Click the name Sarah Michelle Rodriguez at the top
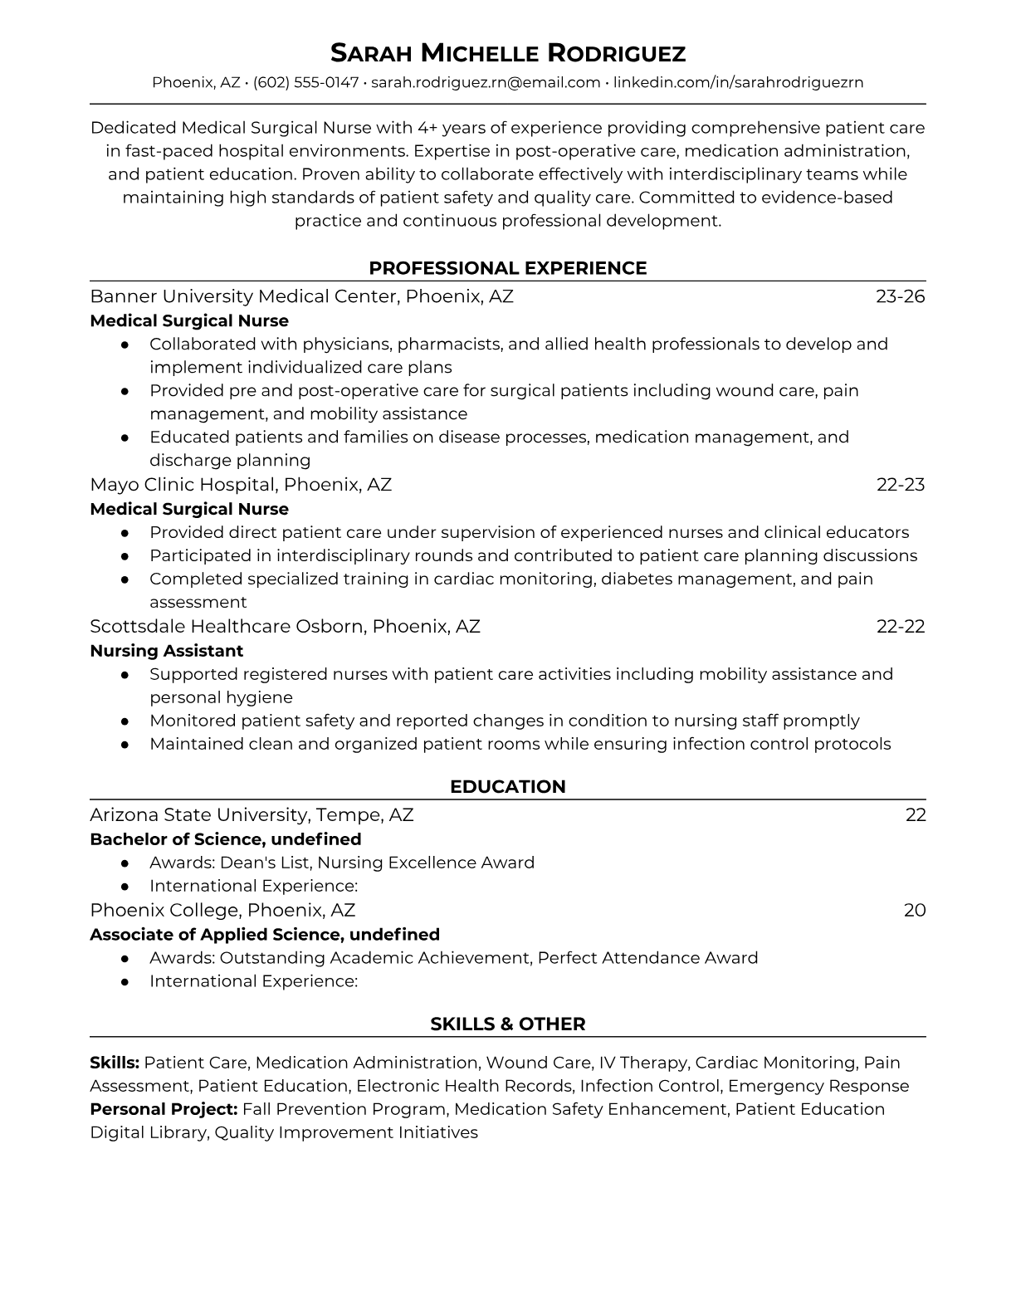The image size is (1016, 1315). point(508,53)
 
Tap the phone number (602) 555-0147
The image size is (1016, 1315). point(305,82)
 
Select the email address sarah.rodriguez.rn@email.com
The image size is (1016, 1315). point(486,82)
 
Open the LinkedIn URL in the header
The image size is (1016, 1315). point(738,82)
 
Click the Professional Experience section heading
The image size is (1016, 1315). point(508,268)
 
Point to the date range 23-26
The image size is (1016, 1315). point(901,296)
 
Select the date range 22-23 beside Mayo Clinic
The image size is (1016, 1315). point(901,485)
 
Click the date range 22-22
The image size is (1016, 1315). point(901,627)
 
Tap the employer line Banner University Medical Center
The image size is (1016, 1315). point(301,296)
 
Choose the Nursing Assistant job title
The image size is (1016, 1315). point(167,651)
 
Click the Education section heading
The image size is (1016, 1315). point(508,787)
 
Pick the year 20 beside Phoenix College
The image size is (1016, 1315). point(915,911)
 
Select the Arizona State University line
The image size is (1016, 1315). point(252,815)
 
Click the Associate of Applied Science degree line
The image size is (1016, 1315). point(265,935)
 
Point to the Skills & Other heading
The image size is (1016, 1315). point(508,1024)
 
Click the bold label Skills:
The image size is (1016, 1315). point(115,1063)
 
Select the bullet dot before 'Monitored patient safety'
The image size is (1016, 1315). point(125,721)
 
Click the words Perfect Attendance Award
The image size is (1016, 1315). point(647,958)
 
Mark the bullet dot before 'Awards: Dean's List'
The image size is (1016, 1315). point(125,863)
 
